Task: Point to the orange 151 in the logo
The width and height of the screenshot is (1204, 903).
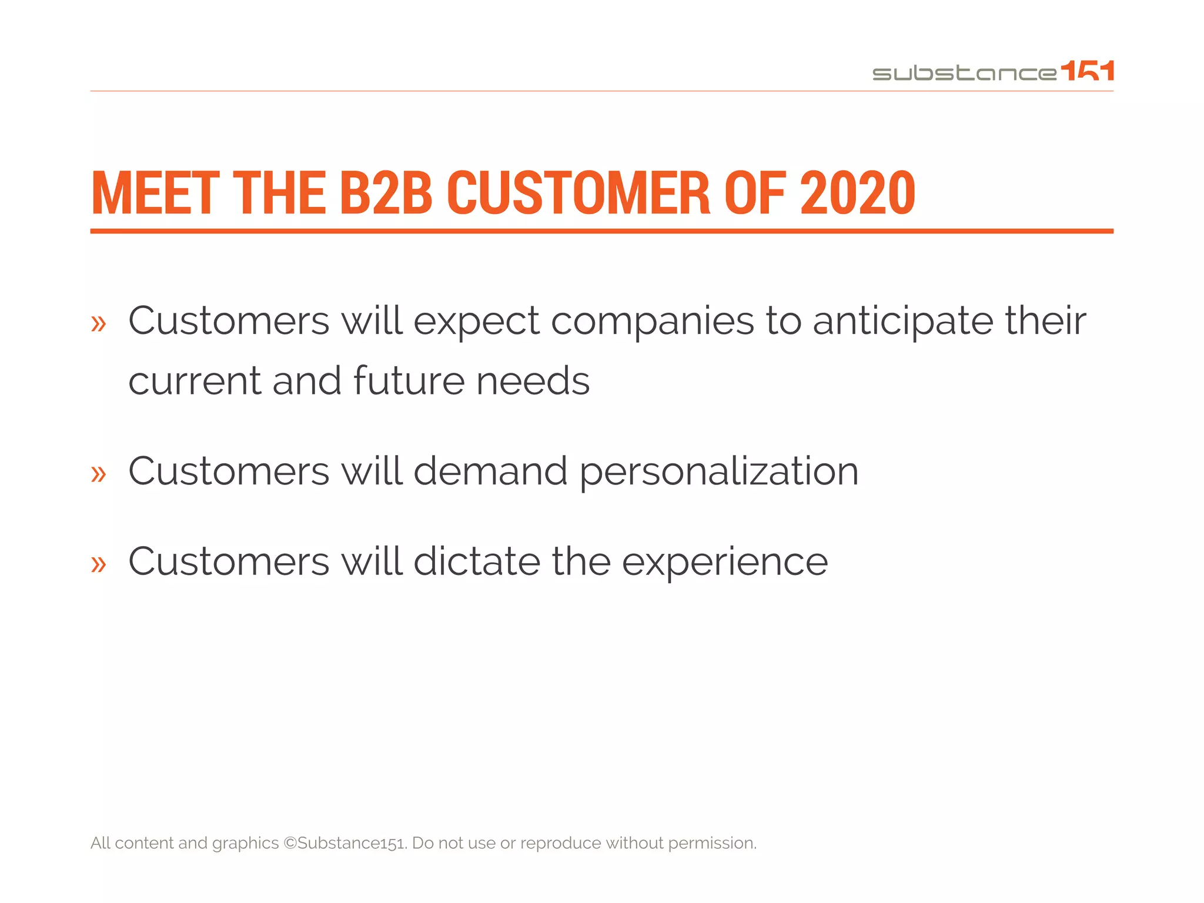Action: (1088, 71)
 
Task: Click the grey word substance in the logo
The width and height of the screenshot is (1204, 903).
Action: (964, 73)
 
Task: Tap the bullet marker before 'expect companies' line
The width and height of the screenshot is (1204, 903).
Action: (99, 323)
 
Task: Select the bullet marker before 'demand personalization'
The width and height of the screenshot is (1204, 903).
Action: (99, 473)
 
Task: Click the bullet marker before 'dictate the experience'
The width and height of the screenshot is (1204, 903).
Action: (99, 564)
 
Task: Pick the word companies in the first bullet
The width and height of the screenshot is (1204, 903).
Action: (652, 322)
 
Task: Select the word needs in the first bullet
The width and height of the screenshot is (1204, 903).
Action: (533, 381)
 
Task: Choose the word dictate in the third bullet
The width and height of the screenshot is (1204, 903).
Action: (476, 561)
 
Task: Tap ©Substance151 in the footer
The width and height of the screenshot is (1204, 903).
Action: (345, 843)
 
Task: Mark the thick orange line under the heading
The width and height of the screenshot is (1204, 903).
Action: (601, 231)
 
